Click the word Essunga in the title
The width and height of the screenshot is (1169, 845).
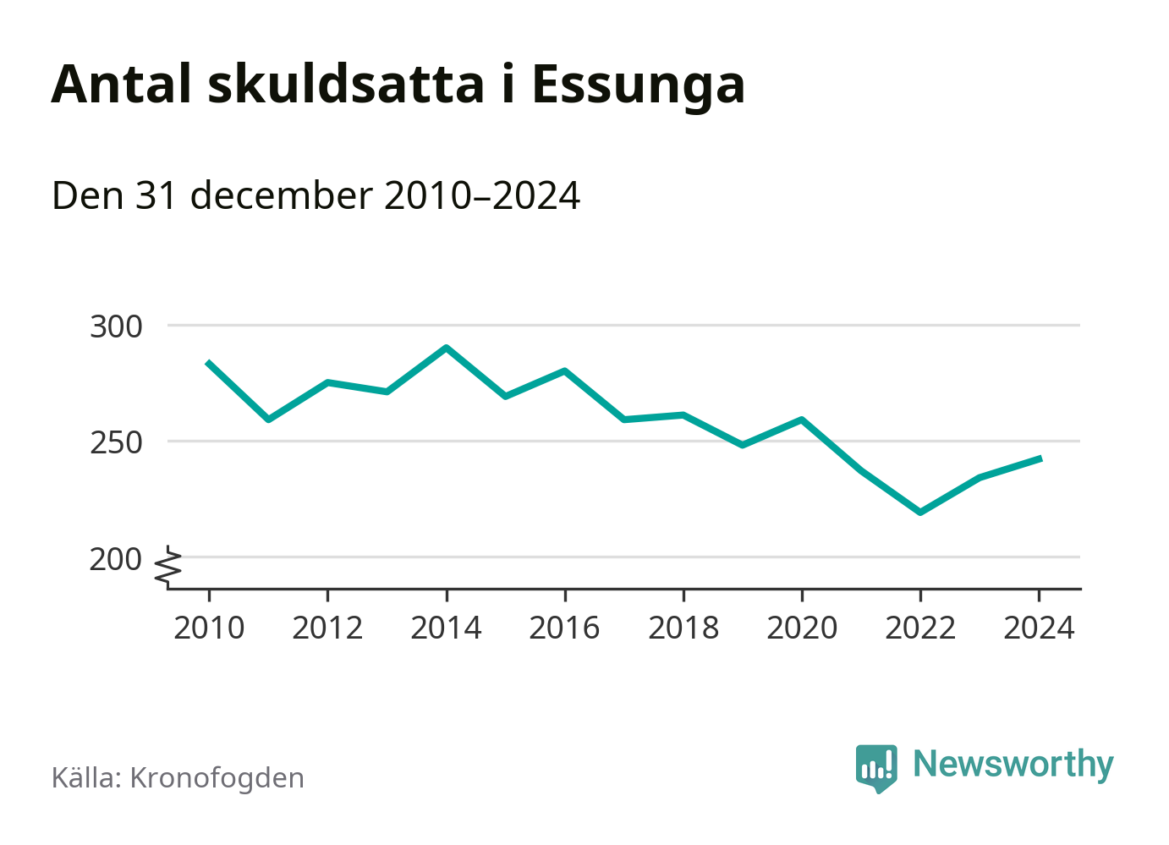[639, 85]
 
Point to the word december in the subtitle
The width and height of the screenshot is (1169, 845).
[281, 195]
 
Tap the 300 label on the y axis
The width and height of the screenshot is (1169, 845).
[116, 326]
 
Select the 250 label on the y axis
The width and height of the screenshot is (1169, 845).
[116, 442]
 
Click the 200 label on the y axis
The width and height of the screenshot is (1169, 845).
[116, 559]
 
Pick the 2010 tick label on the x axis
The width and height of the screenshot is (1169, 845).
[209, 628]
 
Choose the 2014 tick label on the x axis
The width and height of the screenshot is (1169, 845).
[446, 628]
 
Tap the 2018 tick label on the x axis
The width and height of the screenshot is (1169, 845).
[683, 628]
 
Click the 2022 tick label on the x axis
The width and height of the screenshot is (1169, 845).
[920, 628]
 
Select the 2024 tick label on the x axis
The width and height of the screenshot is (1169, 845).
[1039, 628]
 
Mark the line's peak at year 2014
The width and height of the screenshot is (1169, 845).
[446, 348]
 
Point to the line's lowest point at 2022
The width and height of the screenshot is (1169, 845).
[920, 513]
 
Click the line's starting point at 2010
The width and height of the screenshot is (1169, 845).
[209, 363]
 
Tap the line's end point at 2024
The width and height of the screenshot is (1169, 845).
[1039, 458]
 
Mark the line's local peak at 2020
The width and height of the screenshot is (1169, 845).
[801, 420]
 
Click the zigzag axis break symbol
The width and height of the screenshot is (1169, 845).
[169, 567]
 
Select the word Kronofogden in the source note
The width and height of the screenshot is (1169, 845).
[217, 778]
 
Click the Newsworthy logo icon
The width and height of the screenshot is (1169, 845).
[875, 767]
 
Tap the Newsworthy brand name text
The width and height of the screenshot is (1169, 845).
[1013, 764]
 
